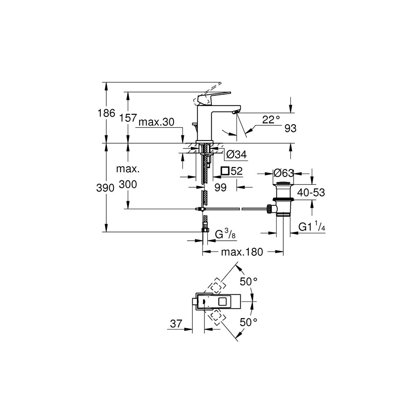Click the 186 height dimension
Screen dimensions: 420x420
pos(106,113)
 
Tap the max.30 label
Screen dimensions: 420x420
pos(156,122)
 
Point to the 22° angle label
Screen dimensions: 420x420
pos(271,120)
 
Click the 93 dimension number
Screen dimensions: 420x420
pos(290,129)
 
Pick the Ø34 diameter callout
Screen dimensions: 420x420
pos(237,154)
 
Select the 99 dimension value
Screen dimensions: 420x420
pos(220,188)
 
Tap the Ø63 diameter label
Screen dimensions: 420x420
pos(284,173)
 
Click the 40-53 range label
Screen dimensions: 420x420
pos(311,192)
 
